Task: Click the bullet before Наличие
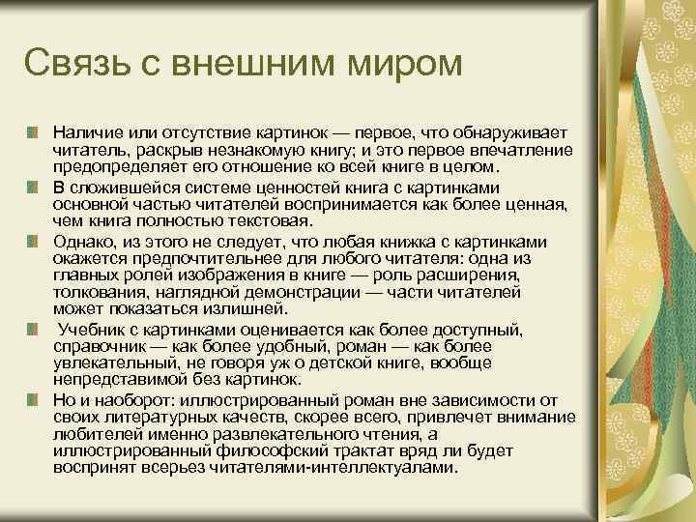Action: pos(34,130)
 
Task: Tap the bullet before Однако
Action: pos(34,241)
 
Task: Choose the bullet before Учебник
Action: pos(34,331)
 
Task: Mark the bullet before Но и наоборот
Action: pos(34,399)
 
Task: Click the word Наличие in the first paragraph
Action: pos(84,130)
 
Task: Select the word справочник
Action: pos(99,345)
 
